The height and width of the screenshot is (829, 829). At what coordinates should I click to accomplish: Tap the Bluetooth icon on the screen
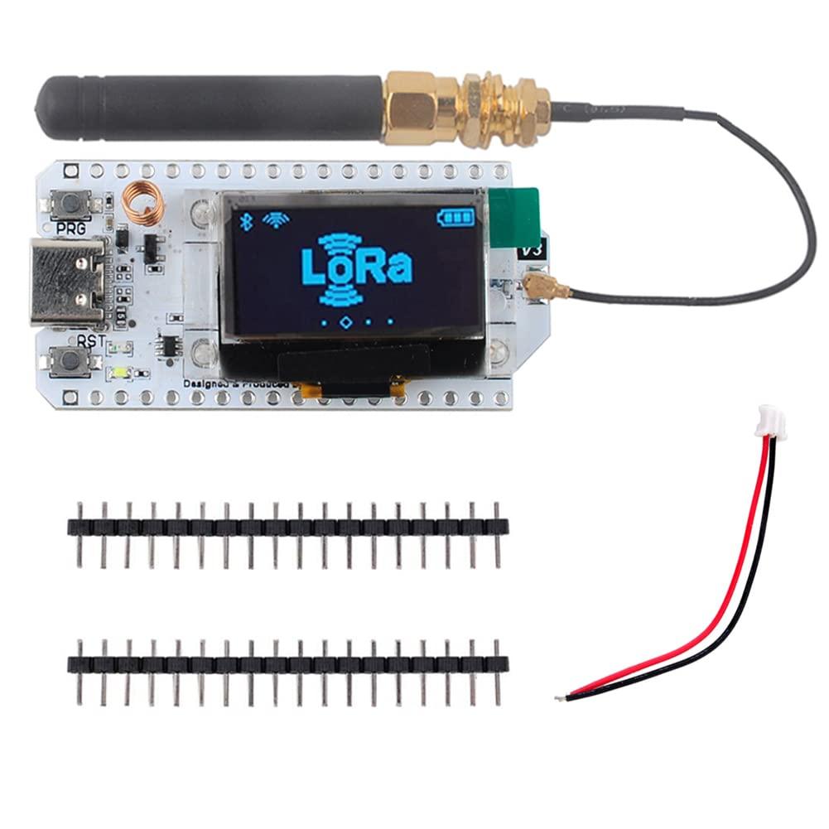[245, 220]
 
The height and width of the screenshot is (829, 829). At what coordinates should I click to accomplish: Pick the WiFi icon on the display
[272, 219]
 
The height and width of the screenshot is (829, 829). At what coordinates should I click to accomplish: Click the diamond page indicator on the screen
[347, 320]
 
